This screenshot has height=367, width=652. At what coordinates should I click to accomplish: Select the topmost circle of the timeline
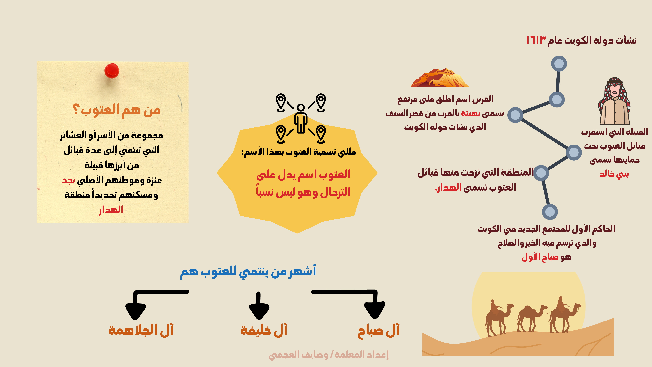(559, 64)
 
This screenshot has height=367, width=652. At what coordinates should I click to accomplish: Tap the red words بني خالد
(614, 174)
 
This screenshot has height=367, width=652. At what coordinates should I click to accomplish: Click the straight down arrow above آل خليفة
(259, 306)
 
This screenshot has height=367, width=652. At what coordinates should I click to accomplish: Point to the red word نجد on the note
(68, 180)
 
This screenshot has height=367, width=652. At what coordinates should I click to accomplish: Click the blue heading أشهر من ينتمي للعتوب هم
(248, 272)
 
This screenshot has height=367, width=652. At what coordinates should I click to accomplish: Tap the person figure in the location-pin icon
(301, 118)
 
